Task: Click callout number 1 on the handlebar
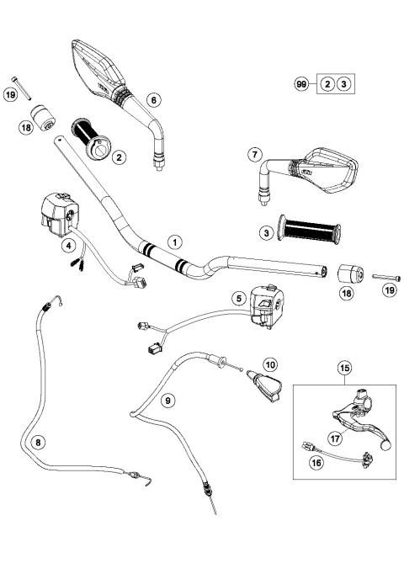[173, 242]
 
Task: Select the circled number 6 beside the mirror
[153, 99]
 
